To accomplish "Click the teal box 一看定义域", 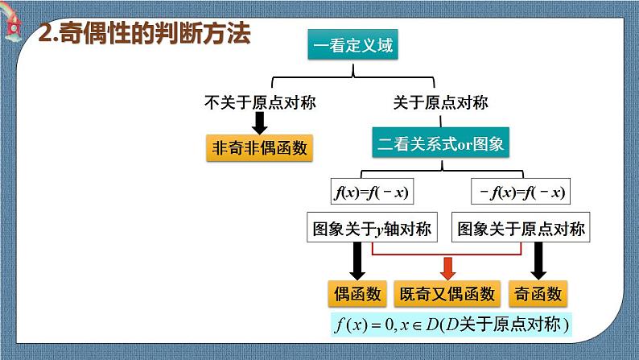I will point(353,46).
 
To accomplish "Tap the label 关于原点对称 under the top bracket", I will point(440,102).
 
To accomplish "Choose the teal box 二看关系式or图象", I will point(441,145).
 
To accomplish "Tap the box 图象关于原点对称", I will point(521,230).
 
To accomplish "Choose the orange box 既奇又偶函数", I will point(447,294).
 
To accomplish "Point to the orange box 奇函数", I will point(538,294).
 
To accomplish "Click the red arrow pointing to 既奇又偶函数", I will point(447,266).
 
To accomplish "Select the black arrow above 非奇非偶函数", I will point(259,122).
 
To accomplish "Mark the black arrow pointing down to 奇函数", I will point(538,260).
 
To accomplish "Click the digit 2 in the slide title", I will point(46,35).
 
